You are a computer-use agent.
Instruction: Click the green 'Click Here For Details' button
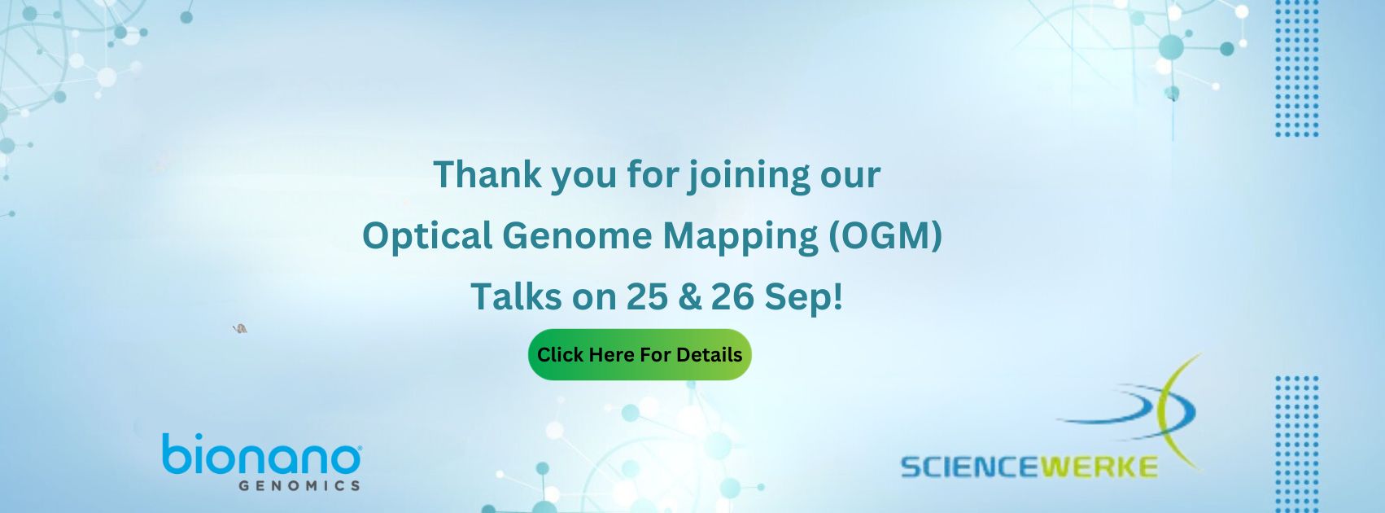(640, 354)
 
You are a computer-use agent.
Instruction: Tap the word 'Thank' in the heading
(487, 174)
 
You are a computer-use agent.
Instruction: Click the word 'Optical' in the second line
(427, 237)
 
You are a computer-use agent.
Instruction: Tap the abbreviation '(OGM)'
(885, 236)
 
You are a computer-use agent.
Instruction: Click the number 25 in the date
(647, 296)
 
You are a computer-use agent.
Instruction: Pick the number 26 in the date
(732, 296)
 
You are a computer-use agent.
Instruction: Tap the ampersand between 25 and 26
(689, 296)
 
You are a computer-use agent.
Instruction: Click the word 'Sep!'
(804, 298)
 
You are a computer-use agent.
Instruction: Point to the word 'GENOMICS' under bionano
(299, 486)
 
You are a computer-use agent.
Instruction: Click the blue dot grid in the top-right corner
(1296, 69)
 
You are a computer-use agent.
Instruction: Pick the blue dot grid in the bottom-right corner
(1296, 444)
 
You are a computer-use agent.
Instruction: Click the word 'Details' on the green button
(710, 354)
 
